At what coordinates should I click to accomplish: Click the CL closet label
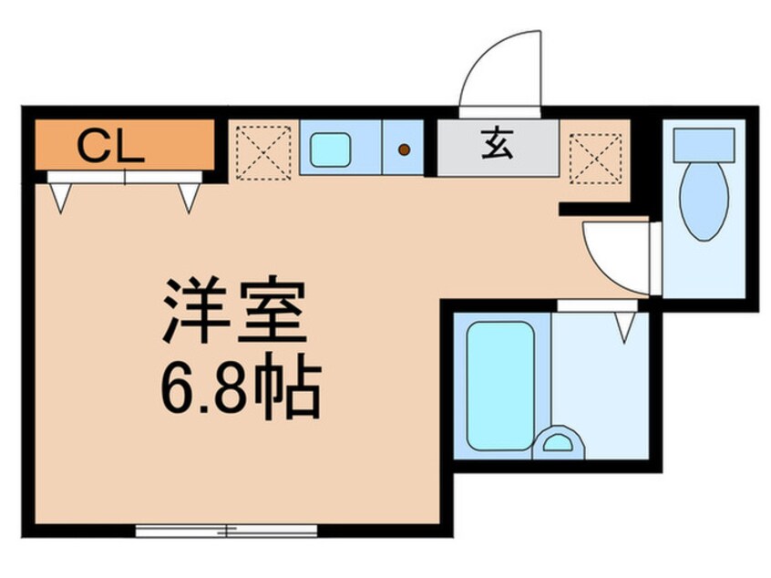(x=110, y=146)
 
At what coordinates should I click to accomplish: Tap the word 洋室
(x=233, y=313)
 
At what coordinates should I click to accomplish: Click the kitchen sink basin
(x=330, y=149)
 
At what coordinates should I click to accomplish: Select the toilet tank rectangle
(x=703, y=141)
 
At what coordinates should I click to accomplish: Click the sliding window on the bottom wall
(x=226, y=529)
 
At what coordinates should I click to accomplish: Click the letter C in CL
(x=92, y=146)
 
